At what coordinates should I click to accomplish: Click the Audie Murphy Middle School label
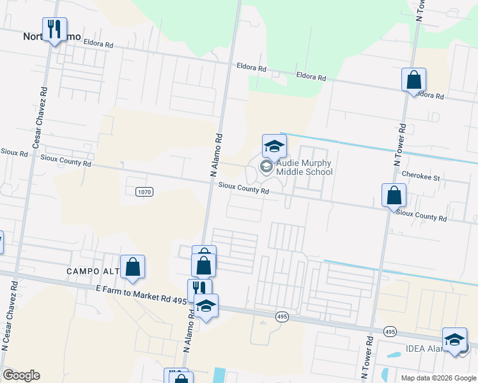pyautogui.click(x=304, y=167)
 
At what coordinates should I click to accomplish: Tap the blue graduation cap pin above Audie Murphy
pyautogui.click(x=274, y=146)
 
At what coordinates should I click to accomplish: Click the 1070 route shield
pyautogui.click(x=144, y=191)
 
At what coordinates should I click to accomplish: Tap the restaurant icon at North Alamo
pyautogui.click(x=54, y=29)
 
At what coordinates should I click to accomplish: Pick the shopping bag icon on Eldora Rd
pyautogui.click(x=414, y=80)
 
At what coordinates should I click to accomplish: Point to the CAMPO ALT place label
pyautogui.click(x=93, y=272)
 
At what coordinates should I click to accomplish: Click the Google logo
pyautogui.click(x=21, y=375)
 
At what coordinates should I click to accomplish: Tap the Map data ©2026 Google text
pyautogui.click(x=438, y=378)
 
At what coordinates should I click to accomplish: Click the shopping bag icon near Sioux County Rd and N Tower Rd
pyautogui.click(x=394, y=195)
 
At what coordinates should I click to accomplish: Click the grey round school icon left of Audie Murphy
pyautogui.click(x=266, y=167)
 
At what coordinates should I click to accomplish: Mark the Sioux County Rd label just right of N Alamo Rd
pyautogui.click(x=243, y=189)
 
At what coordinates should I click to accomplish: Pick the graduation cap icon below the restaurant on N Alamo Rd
pyautogui.click(x=206, y=306)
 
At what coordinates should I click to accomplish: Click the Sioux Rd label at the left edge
pyautogui.click(x=14, y=154)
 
